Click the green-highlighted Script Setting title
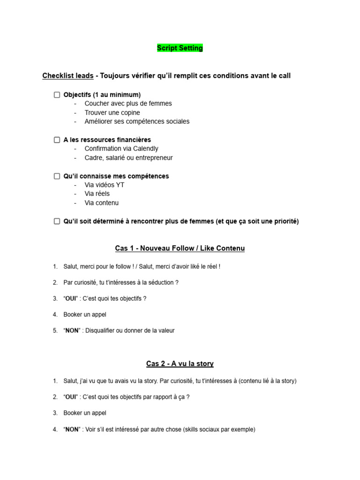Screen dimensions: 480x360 tap(180, 48)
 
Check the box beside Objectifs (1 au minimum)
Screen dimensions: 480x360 tap(57, 95)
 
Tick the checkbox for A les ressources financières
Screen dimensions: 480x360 tap(57, 140)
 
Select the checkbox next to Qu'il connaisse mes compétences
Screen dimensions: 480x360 tap(57, 176)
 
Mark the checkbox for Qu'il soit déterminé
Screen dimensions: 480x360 tap(57, 221)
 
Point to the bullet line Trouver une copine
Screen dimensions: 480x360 tap(112, 112)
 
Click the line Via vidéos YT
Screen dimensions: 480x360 tap(104, 185)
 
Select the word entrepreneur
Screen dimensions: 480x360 tap(153, 157)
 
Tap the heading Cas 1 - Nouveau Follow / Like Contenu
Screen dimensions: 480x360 tap(180, 248)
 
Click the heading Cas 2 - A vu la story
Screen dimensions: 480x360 tap(180, 364)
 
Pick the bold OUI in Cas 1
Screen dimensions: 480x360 tap(71, 299)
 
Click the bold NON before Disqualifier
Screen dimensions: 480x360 tap(72, 330)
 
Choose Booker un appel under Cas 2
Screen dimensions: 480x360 tap(85, 413)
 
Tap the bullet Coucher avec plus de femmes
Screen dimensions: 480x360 tap(128, 104)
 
